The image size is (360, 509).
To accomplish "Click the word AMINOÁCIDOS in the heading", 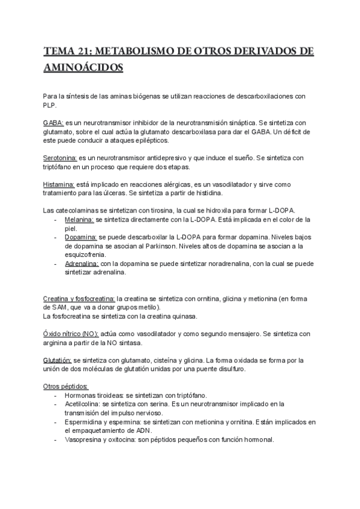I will coord(83,67).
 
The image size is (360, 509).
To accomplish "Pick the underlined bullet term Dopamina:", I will coord(81,238).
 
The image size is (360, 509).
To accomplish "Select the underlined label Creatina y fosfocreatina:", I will coord(80,299).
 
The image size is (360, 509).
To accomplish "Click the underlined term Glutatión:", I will coord(58,360).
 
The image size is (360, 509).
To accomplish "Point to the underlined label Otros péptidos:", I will coord(67,386).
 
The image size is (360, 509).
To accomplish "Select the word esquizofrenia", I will coord(88,254).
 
